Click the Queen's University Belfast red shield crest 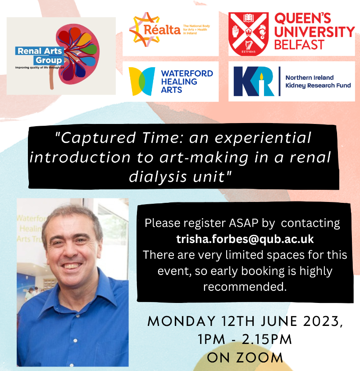[x=248, y=34]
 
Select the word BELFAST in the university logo [x=299, y=45]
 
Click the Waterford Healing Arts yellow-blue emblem [x=141, y=82]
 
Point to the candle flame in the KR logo [x=261, y=77]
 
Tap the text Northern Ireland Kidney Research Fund [x=318, y=82]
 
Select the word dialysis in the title [x=158, y=177]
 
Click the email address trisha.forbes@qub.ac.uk [x=245, y=239]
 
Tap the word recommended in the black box [x=245, y=287]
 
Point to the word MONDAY [x=181, y=321]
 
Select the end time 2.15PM [x=267, y=339]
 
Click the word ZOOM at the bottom [x=260, y=358]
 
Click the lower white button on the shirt [x=75, y=341]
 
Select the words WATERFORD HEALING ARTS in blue [x=187, y=82]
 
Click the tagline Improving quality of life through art [x=40, y=68]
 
